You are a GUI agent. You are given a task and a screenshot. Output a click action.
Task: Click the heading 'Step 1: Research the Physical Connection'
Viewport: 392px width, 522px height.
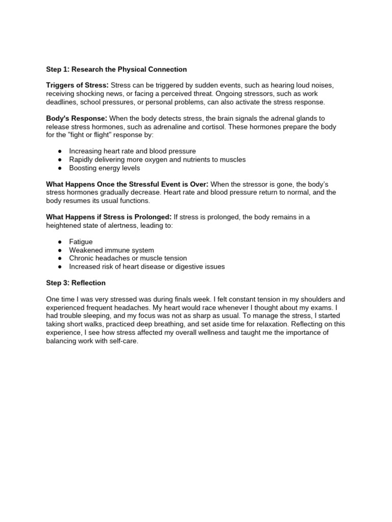[x=116, y=69]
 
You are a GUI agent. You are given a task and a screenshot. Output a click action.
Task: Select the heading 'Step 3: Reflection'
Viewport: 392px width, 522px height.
[x=76, y=283]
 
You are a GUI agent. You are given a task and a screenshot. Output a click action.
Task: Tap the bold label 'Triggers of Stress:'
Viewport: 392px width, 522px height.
[x=77, y=85]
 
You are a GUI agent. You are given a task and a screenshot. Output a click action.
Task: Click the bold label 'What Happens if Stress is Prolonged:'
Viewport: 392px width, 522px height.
[x=109, y=217]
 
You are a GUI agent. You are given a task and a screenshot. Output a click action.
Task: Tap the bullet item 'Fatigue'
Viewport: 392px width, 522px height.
[x=81, y=242]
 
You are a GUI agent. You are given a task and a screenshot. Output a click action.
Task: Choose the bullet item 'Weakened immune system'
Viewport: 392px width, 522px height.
[x=111, y=250]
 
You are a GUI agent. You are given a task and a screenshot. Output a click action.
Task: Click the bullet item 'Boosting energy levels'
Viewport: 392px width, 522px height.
[x=104, y=168]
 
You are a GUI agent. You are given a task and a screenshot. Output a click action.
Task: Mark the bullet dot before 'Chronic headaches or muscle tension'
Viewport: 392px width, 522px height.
[x=60, y=258]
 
